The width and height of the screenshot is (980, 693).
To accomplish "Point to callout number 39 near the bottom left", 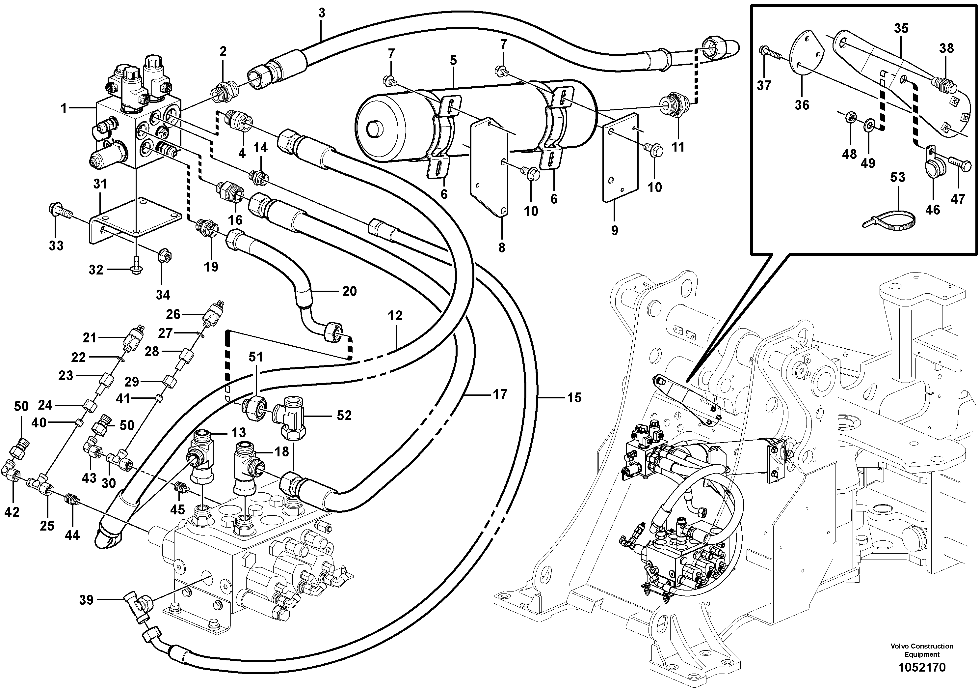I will point(86,600).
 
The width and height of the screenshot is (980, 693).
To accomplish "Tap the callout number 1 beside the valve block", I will point(64,108).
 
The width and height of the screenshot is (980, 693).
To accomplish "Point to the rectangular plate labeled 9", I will point(620,158).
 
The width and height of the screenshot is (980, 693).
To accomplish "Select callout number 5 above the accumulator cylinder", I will point(453,60).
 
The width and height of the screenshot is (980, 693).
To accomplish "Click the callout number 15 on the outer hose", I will point(574,398).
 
